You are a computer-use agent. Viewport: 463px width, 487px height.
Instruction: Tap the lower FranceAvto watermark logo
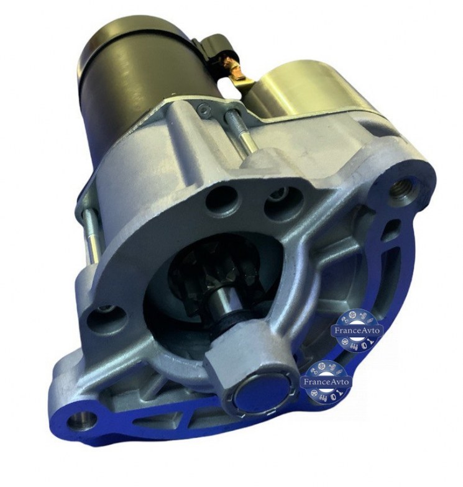[326, 381]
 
